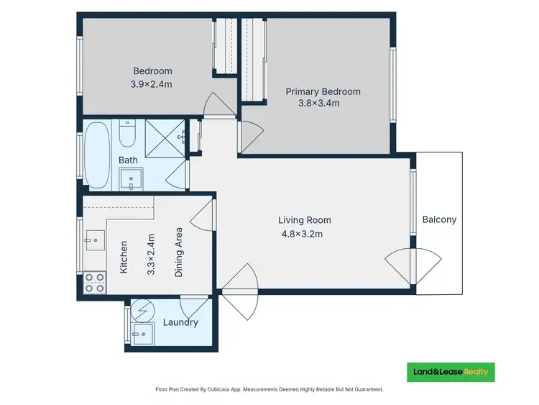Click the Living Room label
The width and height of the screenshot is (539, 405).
tap(305, 220)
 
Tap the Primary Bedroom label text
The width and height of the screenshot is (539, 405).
tap(323, 91)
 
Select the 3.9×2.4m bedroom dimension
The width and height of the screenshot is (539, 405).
tap(152, 83)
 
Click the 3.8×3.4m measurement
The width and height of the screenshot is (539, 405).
tap(318, 103)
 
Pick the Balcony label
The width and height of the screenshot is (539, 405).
tap(439, 220)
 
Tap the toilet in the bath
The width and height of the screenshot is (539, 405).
tap(127, 133)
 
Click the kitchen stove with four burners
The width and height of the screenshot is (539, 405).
tap(93, 282)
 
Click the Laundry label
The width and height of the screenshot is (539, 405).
tap(180, 322)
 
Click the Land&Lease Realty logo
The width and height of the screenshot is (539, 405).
tap(451, 371)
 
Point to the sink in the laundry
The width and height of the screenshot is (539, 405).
tap(142, 333)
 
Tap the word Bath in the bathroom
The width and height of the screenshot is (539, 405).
tap(128, 160)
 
